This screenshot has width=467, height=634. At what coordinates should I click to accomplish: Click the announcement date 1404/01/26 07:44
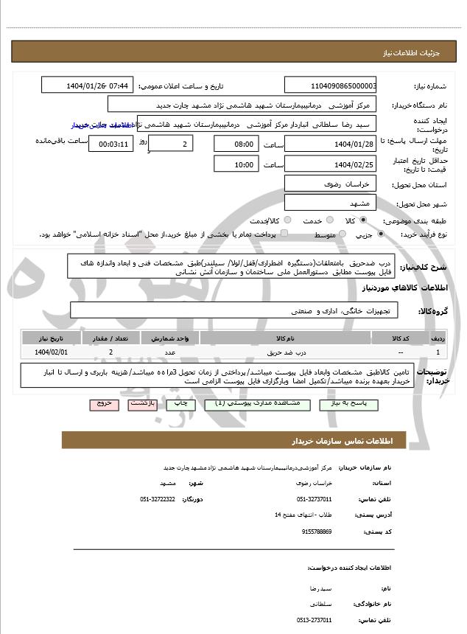click(88, 86)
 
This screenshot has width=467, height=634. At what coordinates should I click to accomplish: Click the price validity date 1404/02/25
click(331, 164)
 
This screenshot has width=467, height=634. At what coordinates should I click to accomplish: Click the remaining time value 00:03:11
click(110, 144)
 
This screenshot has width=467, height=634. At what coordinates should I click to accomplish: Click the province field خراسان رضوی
click(331, 184)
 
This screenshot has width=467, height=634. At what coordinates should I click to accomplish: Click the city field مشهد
click(331, 203)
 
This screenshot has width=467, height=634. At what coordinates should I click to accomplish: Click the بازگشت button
click(141, 404)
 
